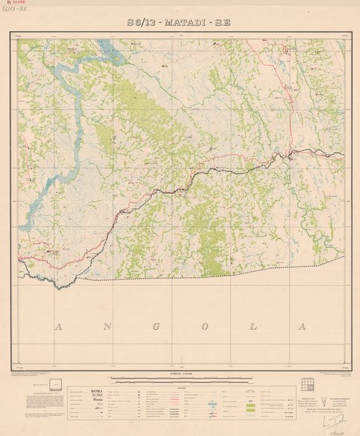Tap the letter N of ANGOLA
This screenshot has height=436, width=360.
[x=105, y=327]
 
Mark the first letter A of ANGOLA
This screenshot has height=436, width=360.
[x=57, y=327]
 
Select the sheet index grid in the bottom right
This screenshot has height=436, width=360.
[x=307, y=385]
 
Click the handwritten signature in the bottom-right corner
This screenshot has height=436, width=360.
[x=332, y=424]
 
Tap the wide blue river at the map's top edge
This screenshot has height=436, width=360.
[x=106, y=49]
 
